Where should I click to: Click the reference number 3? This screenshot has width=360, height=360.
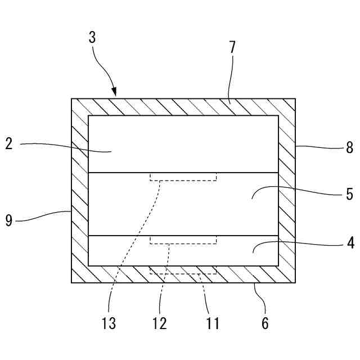[92, 38]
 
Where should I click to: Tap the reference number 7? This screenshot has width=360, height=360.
[232, 47]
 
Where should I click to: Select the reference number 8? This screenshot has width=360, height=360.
[349, 148]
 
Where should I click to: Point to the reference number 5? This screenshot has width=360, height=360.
[349, 195]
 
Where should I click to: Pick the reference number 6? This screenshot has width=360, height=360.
[265, 323]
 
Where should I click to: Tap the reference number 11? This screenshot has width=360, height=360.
[211, 323]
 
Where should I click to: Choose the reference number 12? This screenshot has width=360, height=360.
[160, 323]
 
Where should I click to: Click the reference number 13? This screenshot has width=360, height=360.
[109, 323]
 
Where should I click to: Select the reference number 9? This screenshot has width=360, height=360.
[8, 220]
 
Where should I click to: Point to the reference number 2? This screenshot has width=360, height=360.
[8, 143]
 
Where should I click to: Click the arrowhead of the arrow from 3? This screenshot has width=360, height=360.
[115, 93]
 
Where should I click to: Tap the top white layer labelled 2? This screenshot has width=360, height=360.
[183, 144]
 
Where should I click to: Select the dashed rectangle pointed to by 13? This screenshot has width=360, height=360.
[183, 177]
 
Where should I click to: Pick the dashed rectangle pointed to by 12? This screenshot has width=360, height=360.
[183, 240]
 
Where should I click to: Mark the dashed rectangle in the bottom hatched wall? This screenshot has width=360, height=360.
[183, 271]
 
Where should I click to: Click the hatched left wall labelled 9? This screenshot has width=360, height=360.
[80, 191]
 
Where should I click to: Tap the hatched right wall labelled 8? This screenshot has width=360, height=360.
[287, 191]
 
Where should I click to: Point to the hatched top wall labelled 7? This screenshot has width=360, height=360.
[183, 107]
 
